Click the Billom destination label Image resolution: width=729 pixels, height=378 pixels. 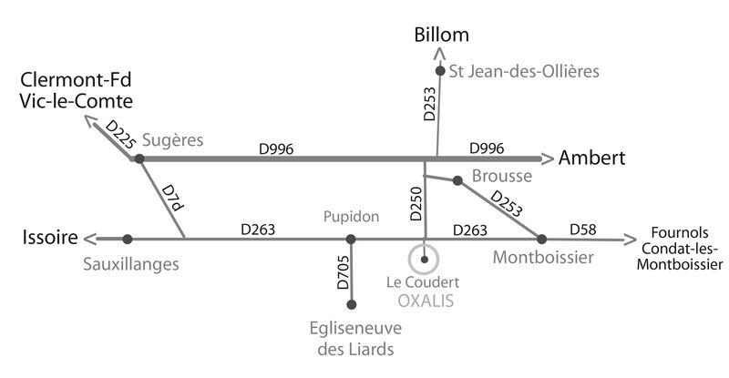(441, 35)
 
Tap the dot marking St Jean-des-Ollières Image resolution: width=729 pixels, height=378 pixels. (440, 71)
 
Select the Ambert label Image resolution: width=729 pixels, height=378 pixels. (591, 158)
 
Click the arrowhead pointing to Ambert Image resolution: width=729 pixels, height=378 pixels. (548, 159)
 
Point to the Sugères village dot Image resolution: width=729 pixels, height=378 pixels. (139, 158)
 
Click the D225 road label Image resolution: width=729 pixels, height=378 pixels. (120, 135)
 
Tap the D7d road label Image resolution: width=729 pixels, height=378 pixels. (171, 199)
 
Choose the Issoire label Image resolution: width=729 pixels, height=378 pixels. (50, 238)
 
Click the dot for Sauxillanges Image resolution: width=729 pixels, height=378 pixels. (128, 239)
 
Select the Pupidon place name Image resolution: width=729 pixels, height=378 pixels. (351, 217)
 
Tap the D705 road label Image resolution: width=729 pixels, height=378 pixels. (343, 272)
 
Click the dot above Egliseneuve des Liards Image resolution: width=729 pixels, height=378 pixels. (352, 304)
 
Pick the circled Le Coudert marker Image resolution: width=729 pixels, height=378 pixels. (424, 260)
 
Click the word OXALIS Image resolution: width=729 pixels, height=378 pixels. (426, 301)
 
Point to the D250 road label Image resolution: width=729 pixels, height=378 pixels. (416, 204)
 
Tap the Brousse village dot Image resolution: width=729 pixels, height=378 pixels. (457, 180)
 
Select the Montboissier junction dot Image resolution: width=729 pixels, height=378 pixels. (541, 239)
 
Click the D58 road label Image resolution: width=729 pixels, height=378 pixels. (583, 230)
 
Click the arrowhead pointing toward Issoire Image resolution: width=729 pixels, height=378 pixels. (89, 239)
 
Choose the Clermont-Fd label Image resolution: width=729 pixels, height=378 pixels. (76, 80)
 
